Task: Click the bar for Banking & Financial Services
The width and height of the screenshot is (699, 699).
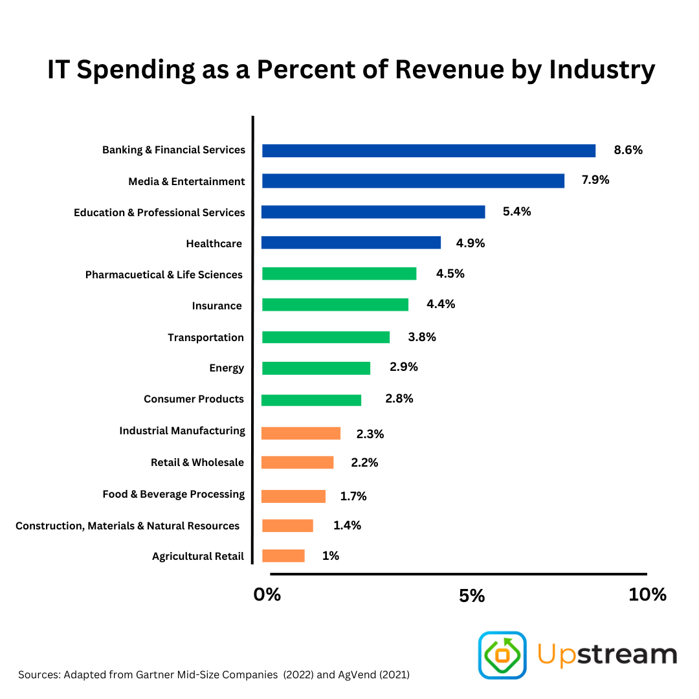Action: (428, 151)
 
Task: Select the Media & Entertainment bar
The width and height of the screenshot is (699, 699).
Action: (413, 181)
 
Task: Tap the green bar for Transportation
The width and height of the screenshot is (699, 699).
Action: (326, 337)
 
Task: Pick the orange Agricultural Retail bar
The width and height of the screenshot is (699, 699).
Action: (283, 556)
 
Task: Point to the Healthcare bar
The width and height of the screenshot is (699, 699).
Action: (351, 243)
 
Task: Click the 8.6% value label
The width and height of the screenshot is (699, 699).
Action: (628, 150)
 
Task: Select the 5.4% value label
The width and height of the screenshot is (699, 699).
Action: (516, 212)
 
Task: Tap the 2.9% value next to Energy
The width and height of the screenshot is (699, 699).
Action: (404, 367)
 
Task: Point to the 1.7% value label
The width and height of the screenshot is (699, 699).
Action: (353, 496)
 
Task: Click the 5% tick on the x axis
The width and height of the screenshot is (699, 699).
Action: (472, 595)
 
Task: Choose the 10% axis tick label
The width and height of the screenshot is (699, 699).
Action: (647, 595)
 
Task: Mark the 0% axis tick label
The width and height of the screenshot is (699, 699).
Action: (267, 595)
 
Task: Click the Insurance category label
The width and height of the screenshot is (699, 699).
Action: (217, 306)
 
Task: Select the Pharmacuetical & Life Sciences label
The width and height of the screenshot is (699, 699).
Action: (164, 275)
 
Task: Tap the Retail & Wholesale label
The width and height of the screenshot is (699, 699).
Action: (197, 463)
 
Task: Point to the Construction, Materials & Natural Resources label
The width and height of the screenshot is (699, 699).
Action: (128, 526)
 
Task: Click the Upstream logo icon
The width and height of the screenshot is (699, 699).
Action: (502, 655)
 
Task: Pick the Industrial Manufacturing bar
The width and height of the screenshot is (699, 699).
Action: (301, 433)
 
